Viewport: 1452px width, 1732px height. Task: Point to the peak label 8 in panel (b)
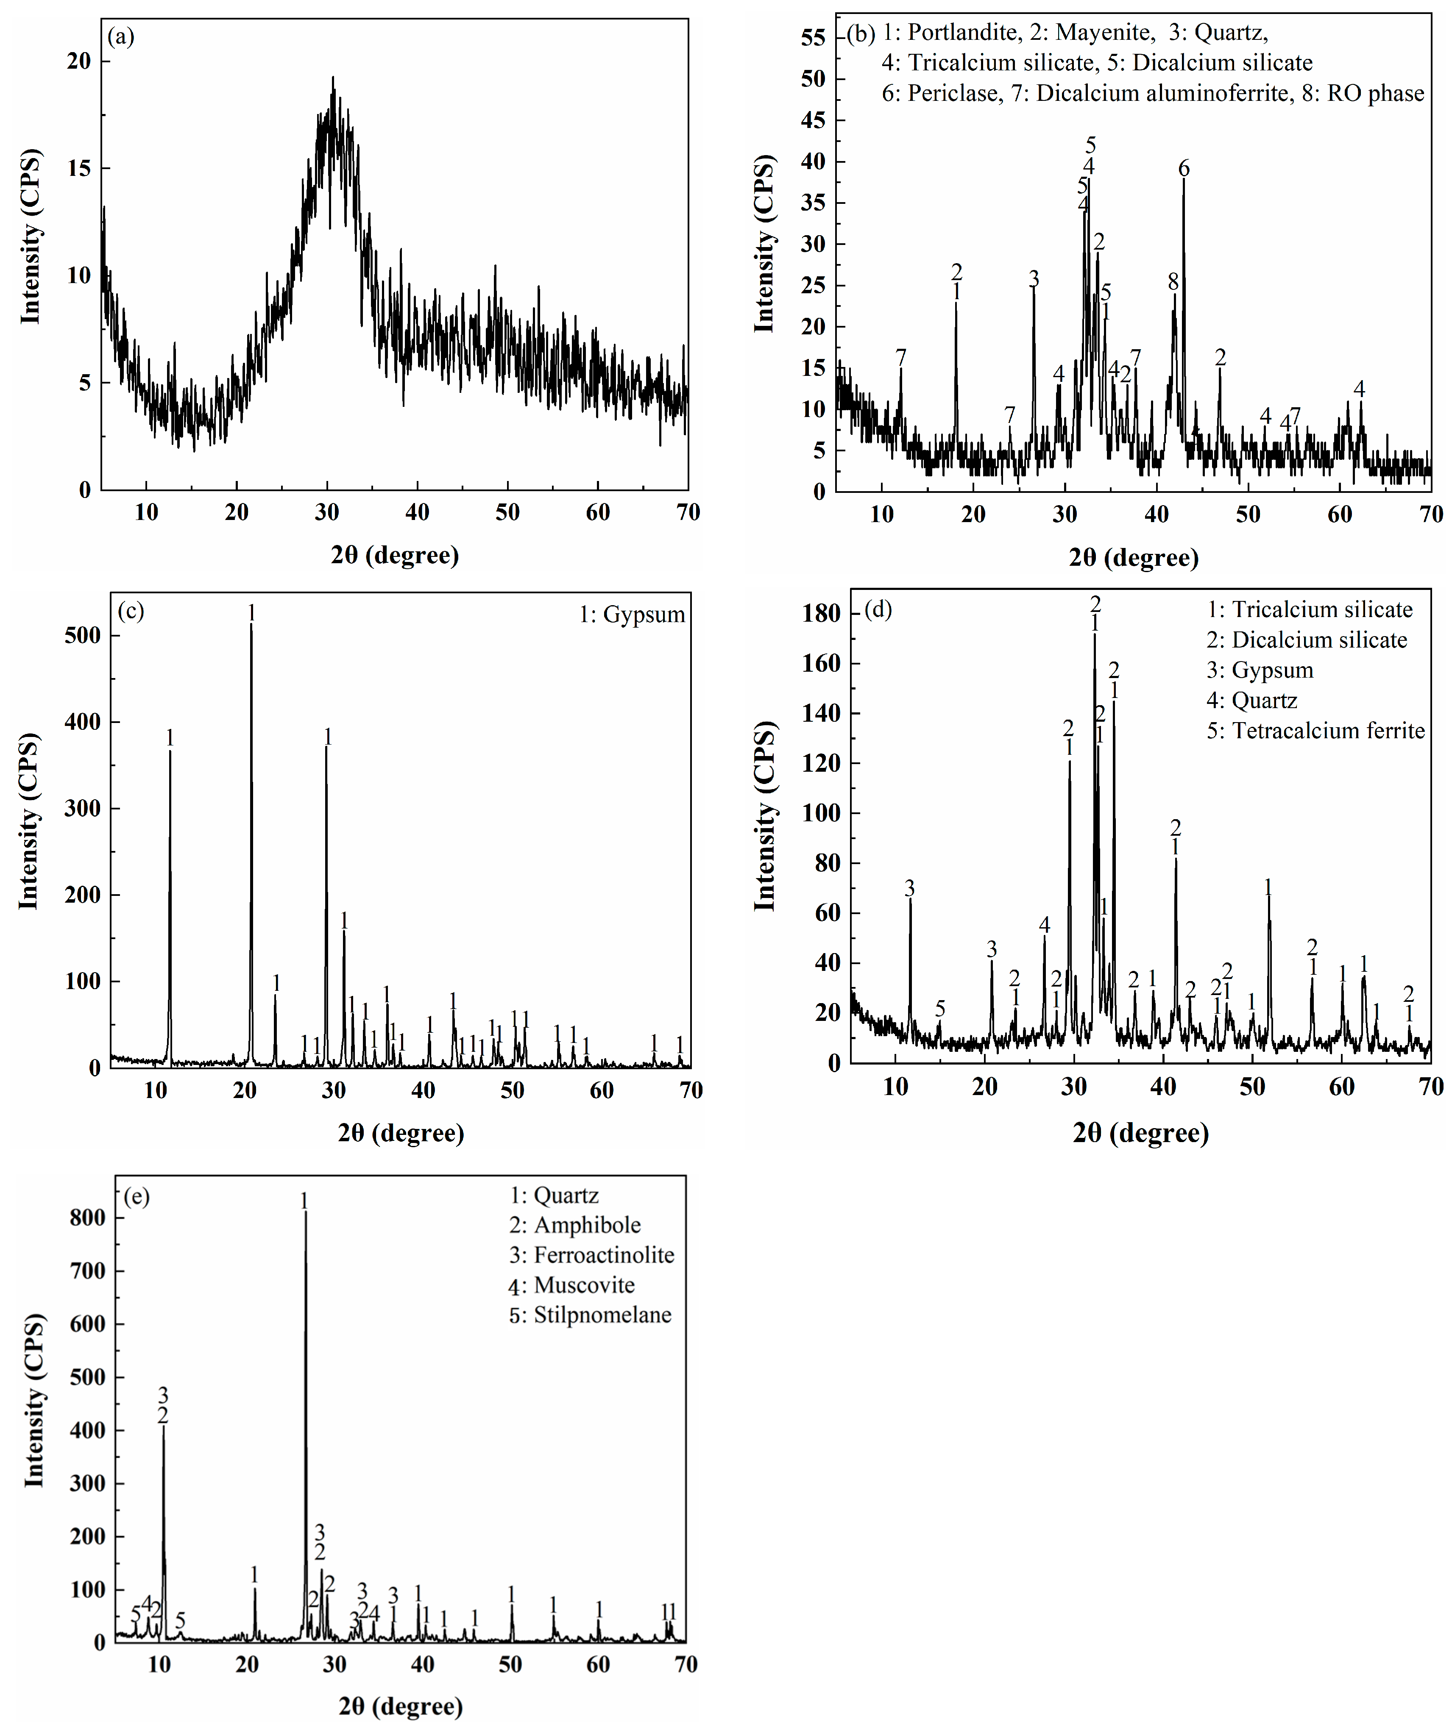click(x=1173, y=282)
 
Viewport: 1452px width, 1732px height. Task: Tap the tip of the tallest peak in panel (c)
click(x=252, y=624)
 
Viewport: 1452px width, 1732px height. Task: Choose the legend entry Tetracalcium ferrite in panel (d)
click(x=1328, y=731)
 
